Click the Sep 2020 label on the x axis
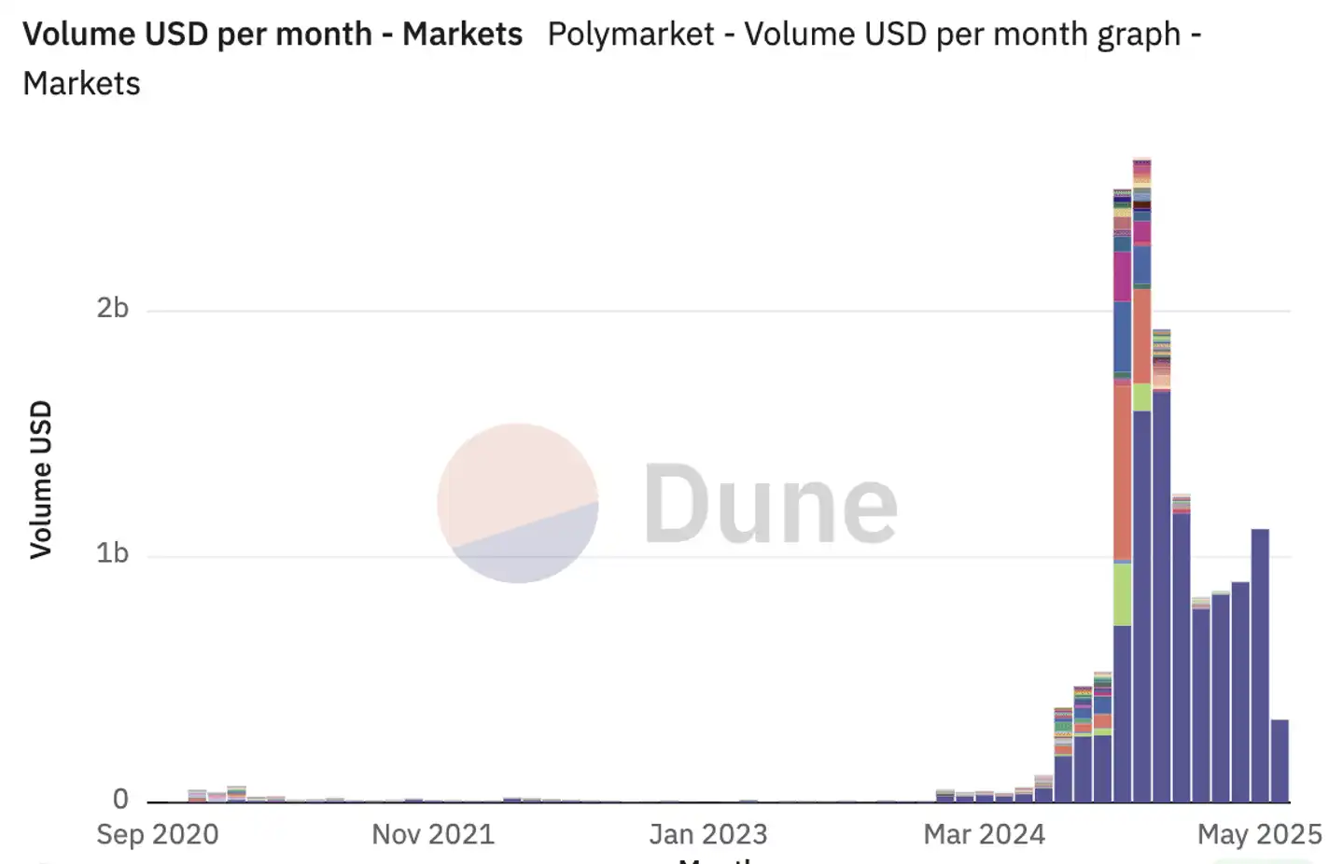157,833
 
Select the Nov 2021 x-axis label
433,833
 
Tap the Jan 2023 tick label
708,833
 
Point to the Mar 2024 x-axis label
984,833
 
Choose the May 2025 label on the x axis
1259,833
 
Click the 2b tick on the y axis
113,308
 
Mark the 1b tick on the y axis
113,553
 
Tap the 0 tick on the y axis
120,799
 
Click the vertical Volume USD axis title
41,480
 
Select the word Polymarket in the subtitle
631,35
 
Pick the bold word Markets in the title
462,35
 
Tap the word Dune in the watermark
770,505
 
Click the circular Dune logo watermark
518,504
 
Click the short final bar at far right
1280,760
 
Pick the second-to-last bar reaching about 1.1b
1260,664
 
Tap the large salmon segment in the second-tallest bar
1122,471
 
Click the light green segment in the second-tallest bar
1122,594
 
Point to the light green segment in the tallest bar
1141,397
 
